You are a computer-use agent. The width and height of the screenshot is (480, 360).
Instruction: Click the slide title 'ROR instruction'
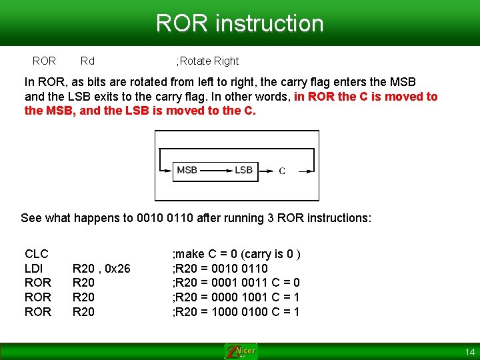click(239, 23)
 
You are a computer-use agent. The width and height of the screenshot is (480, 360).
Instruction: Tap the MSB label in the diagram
click(187, 170)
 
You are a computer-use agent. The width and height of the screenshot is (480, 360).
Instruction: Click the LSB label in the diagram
click(243, 170)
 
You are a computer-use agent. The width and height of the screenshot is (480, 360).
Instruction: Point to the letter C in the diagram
click(282, 171)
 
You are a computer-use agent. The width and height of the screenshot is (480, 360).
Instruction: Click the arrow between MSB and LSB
click(215, 171)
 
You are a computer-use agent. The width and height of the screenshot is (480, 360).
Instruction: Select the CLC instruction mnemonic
click(37, 254)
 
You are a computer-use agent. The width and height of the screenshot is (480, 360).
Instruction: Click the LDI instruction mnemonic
click(34, 269)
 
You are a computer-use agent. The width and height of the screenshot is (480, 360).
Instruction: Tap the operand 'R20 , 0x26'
click(101, 269)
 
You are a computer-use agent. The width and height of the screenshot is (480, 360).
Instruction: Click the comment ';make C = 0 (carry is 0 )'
click(237, 254)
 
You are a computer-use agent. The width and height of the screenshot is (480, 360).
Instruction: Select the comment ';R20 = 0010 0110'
click(220, 269)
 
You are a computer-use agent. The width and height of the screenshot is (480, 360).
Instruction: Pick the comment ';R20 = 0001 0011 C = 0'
click(236, 283)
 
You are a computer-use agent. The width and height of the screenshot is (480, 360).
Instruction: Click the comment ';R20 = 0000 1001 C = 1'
click(236, 297)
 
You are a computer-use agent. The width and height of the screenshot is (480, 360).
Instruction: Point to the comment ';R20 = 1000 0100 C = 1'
click(236, 312)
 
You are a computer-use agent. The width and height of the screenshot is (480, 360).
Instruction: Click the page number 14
click(470, 352)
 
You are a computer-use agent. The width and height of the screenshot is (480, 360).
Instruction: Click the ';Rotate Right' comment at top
click(207, 61)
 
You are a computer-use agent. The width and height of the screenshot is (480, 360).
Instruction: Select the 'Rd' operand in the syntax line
click(87, 61)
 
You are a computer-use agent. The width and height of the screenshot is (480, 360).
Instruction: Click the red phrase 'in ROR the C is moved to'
click(365, 97)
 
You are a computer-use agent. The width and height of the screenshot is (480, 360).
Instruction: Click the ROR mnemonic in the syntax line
click(44, 61)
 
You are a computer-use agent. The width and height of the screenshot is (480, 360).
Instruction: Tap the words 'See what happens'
click(60, 218)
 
